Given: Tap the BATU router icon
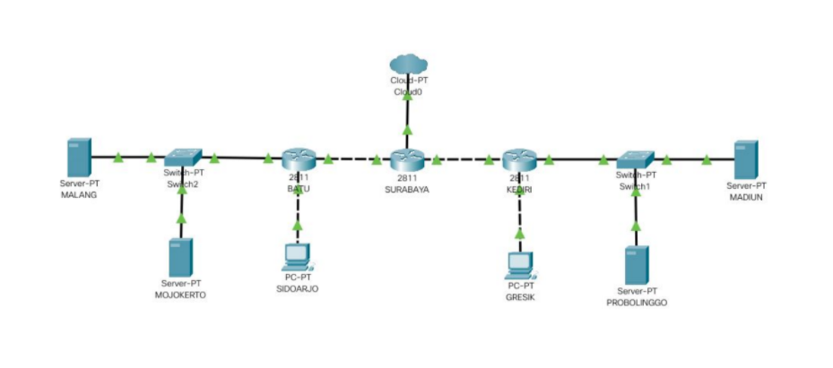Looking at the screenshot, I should point(299,159).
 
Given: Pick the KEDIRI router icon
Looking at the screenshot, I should point(518,159).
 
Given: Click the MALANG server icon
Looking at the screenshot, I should point(79,158).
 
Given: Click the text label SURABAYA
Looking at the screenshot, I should point(406,189).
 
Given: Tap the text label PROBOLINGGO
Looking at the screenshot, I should point(637,303).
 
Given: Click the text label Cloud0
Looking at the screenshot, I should point(406,92).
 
